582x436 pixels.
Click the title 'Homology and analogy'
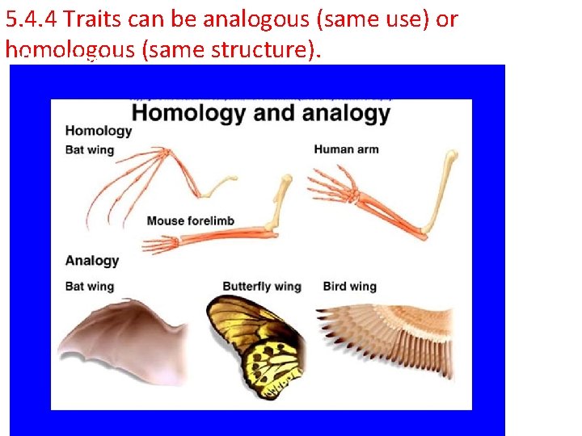(x=260, y=112)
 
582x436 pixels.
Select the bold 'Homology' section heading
(x=98, y=131)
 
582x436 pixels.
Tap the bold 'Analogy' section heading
(x=91, y=261)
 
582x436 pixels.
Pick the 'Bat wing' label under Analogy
(x=89, y=287)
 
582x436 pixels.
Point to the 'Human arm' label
(x=346, y=149)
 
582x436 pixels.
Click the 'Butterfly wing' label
(x=261, y=287)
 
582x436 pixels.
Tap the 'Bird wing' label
(x=349, y=287)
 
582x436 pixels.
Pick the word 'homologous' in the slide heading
(x=70, y=50)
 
